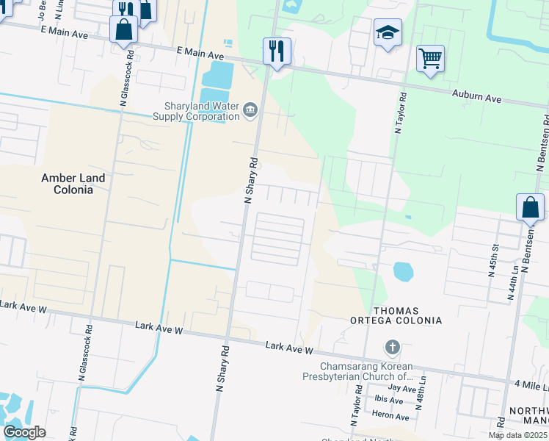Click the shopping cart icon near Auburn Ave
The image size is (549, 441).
430,58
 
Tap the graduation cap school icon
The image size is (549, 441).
388,32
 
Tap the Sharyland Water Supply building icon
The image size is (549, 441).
250,111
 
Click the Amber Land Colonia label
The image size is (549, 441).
73,184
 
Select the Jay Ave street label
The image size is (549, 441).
402,388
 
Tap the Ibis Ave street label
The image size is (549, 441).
390,401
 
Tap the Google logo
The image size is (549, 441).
24,432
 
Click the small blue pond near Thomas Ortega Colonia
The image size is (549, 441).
403,271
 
